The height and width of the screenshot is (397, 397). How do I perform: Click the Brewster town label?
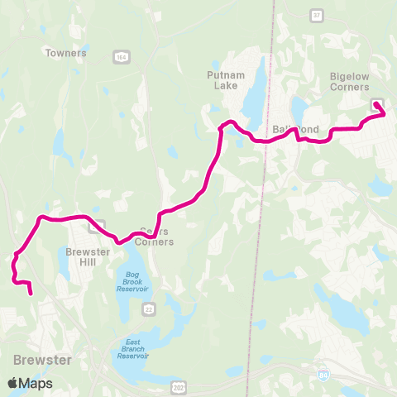click(42, 360)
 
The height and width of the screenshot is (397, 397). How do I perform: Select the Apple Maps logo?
click(29, 383)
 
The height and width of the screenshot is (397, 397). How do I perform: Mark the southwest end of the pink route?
click(31, 293)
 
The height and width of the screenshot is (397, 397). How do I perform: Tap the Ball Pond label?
click(294, 130)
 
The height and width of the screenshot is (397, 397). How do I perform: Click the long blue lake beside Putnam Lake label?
click(256, 87)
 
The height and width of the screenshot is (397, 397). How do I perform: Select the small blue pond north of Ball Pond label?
click(297, 110)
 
